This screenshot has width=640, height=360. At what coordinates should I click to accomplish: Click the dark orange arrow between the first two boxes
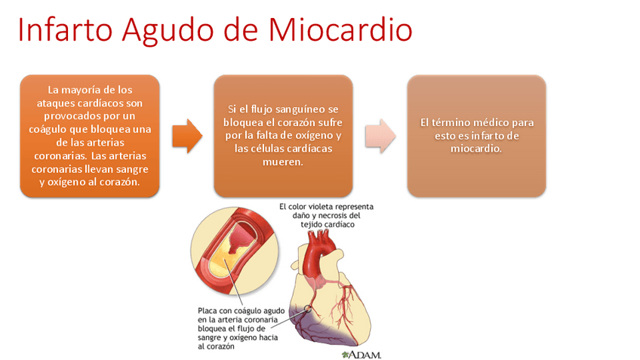coord(186,135)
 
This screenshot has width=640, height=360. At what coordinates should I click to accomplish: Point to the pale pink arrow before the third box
coord(380,135)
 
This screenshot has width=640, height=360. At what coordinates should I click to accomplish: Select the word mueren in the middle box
coord(282,162)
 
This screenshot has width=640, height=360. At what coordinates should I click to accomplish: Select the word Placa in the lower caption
coord(209,309)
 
